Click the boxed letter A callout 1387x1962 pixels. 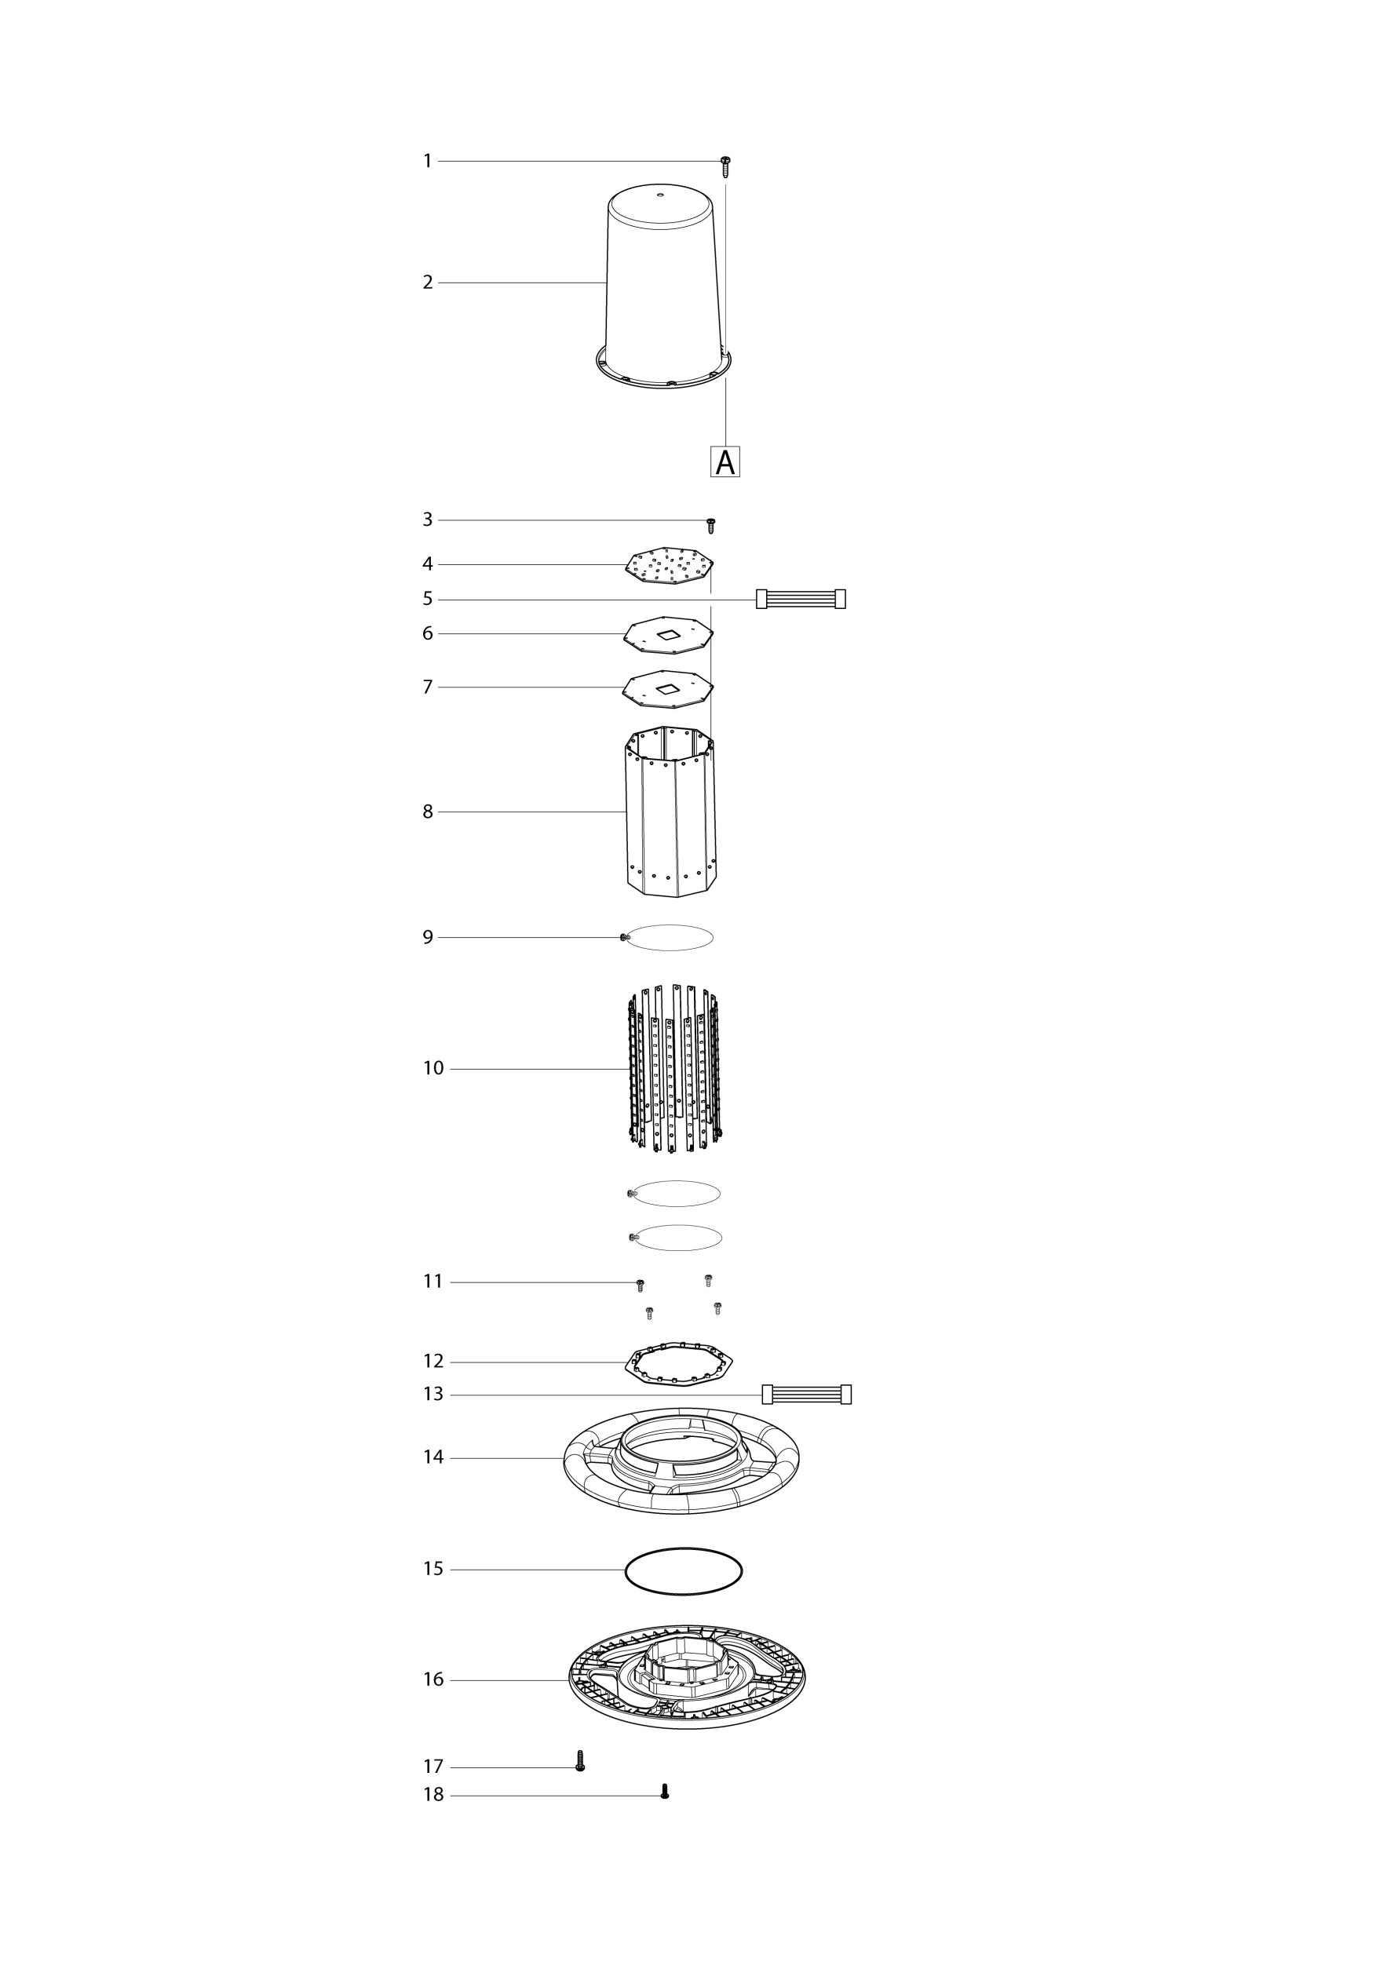(x=725, y=461)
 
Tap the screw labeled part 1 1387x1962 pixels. (x=725, y=166)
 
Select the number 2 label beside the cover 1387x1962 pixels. (x=428, y=282)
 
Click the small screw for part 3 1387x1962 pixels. (x=710, y=526)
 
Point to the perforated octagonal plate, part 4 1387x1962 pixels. (x=669, y=566)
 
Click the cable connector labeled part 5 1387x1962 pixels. (x=801, y=599)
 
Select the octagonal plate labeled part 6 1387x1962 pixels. (x=668, y=635)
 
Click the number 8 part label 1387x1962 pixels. (x=428, y=811)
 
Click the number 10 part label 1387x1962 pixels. (x=433, y=1068)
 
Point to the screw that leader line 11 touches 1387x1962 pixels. (x=640, y=1286)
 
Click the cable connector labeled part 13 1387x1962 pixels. (x=807, y=1395)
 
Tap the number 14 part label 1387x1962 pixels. (x=433, y=1457)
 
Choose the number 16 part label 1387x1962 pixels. (x=433, y=1679)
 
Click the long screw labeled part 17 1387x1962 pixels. (x=580, y=1760)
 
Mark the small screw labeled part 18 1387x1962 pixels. (x=665, y=1791)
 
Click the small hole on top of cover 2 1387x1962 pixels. (x=659, y=195)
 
